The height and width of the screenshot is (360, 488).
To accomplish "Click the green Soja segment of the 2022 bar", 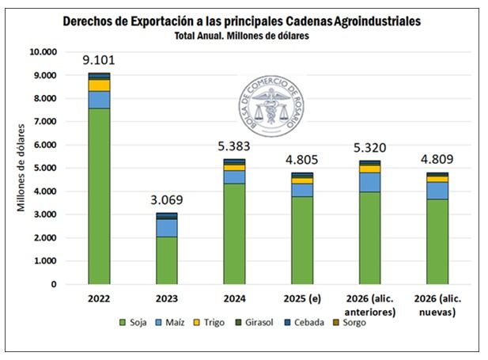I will tap(99, 195).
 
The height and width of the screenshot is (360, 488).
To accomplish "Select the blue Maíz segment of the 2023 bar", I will tap(166, 228).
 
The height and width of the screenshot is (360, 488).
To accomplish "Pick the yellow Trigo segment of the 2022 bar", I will tap(99, 85).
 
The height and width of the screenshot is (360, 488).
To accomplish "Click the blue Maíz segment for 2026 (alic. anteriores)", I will tap(369, 182).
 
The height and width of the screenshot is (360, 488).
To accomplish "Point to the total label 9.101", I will tap(99, 59).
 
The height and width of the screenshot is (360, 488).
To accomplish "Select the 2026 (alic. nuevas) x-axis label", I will tap(437, 305).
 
